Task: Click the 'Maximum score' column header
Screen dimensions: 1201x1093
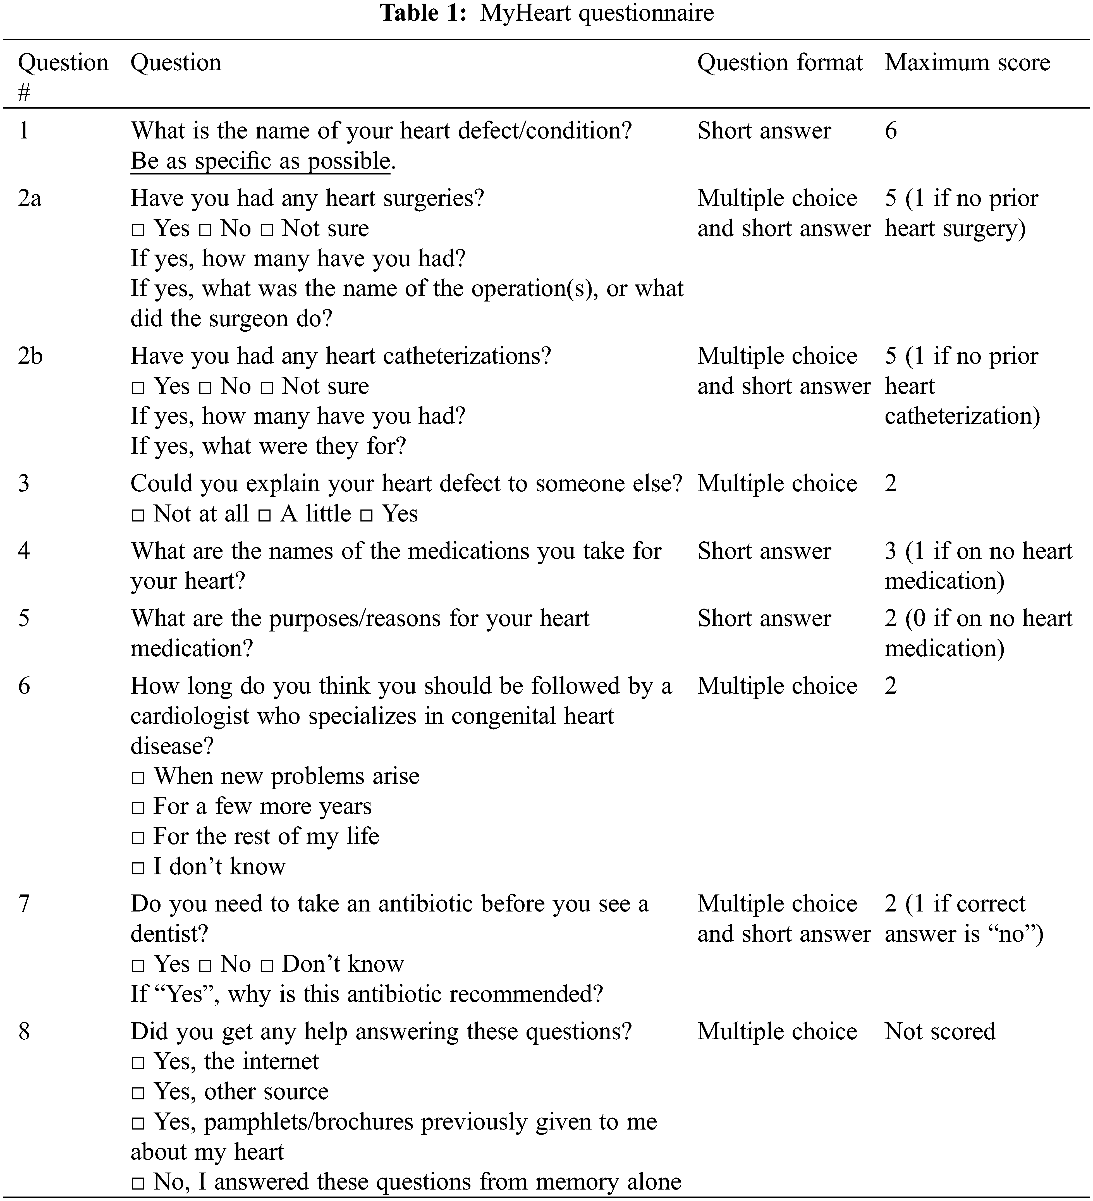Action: click(x=967, y=63)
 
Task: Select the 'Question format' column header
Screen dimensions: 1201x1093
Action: click(x=780, y=63)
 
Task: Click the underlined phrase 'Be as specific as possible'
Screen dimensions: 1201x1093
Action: click(x=260, y=161)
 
